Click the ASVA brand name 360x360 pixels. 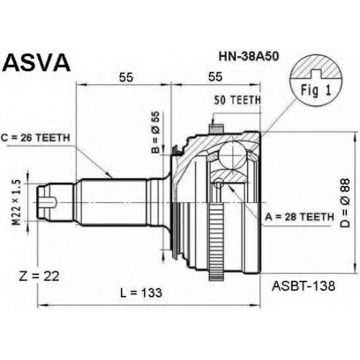[37, 63]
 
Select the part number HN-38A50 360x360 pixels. [248, 56]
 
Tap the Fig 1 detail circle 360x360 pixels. [316, 81]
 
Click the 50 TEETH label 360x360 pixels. [238, 100]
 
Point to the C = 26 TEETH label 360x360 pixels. [35, 138]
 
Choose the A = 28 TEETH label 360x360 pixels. [300, 217]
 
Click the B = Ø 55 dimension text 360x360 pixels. [156, 132]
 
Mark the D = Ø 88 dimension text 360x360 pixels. [346, 203]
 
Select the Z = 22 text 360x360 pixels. [39, 276]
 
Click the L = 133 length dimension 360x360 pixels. [141, 293]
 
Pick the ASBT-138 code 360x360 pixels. [303, 286]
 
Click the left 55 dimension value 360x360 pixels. [126, 77]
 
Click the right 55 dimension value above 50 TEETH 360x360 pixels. [215, 77]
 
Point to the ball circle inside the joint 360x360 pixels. [233, 156]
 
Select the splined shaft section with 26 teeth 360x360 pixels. [113, 202]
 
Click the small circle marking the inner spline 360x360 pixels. [219, 183]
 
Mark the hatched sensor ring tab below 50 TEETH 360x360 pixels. [216, 129]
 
